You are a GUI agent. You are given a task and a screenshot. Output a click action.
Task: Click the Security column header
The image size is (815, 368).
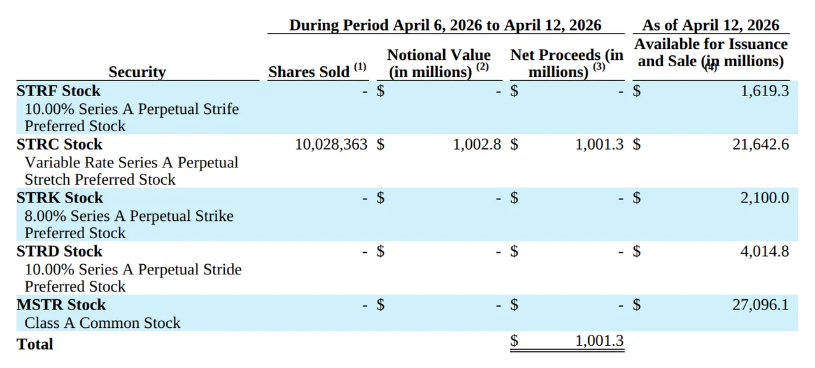click(136, 72)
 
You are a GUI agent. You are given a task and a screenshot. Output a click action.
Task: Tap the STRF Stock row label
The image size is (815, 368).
click(59, 91)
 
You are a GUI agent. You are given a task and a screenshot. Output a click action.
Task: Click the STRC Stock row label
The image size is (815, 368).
click(59, 145)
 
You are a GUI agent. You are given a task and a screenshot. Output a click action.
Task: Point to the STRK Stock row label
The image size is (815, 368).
click(59, 198)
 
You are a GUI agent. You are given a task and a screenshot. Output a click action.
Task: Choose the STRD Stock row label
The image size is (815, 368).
click(59, 251)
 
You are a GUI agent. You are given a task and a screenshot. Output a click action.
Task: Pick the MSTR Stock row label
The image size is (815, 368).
click(61, 305)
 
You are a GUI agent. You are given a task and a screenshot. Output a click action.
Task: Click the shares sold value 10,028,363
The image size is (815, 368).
click(331, 145)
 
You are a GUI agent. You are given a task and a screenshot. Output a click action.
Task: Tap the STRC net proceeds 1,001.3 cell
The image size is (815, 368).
click(599, 145)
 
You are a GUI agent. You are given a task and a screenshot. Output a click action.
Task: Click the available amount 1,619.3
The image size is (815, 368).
click(765, 91)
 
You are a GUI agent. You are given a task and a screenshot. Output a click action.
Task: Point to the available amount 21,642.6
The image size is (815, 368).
click(760, 145)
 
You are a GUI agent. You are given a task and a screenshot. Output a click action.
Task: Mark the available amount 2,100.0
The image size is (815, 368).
click(765, 198)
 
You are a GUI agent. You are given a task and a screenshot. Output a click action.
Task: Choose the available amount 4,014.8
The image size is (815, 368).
click(765, 251)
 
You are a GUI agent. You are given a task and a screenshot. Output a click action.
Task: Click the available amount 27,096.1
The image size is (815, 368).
click(760, 305)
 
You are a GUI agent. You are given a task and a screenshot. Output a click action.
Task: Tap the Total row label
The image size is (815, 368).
click(35, 344)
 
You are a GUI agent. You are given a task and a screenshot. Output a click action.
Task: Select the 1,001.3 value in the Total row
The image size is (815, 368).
click(599, 341)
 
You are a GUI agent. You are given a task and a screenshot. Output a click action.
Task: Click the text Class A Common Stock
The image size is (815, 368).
click(103, 323)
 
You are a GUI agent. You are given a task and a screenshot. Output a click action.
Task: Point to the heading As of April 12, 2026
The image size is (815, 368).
click(711, 25)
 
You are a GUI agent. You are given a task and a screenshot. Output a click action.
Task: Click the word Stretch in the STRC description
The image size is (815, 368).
click(49, 180)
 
